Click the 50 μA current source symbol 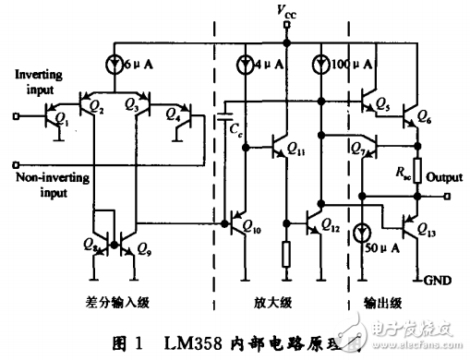(361, 234)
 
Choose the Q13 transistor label (426, 229)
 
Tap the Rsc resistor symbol (418, 170)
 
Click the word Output (446, 176)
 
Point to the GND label (437, 279)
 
